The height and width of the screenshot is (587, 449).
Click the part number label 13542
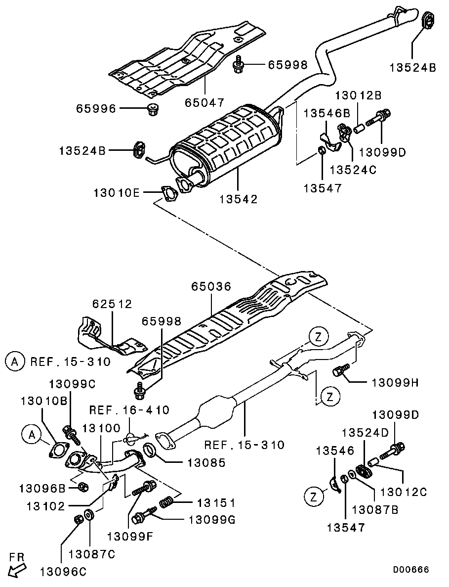coord(238,199)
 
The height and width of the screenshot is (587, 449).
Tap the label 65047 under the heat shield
coord(204,102)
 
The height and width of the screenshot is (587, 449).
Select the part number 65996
coord(96,109)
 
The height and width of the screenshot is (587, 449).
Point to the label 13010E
coord(116,193)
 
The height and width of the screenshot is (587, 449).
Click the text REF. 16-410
coord(129,410)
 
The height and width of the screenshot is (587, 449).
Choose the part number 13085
coord(207,463)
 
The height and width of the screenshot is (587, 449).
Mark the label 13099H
coord(395,383)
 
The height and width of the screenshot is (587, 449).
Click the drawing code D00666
coord(411,569)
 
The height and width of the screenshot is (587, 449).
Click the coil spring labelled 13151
coord(167,502)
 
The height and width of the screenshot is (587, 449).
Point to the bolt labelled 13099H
coord(341,369)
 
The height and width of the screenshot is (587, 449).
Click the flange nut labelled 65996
coord(153,110)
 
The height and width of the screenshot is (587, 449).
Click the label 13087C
coord(92,554)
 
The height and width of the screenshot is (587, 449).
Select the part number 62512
coord(113,304)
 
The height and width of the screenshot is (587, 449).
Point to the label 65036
coord(211,286)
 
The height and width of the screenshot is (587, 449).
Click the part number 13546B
coord(327,113)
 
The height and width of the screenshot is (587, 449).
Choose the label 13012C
coord(404,491)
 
